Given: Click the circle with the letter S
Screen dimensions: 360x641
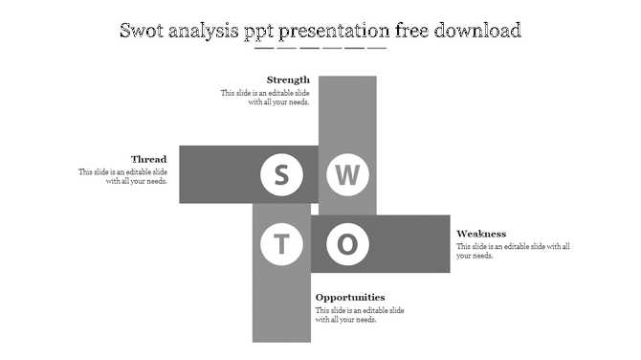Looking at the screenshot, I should tap(281, 175).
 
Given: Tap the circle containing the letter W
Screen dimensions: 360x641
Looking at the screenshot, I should tap(348, 175).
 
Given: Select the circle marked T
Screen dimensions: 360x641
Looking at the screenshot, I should tap(281, 245).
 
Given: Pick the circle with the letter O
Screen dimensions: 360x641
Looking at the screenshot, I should tap(348, 245).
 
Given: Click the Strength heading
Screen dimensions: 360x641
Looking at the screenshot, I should tap(288, 79).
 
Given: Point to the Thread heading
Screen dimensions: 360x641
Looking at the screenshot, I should tap(149, 159).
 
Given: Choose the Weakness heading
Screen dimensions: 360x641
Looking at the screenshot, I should tap(481, 234).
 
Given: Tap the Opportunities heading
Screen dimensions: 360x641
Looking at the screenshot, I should tap(350, 297).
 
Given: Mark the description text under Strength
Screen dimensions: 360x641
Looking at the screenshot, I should tap(265, 98).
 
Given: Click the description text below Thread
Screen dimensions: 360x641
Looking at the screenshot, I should tap(123, 176).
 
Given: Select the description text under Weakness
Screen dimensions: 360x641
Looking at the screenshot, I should tap(513, 251).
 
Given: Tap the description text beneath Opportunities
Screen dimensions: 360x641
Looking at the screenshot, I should tap(360, 315).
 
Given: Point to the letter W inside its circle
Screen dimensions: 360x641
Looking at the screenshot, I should tap(348, 175).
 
